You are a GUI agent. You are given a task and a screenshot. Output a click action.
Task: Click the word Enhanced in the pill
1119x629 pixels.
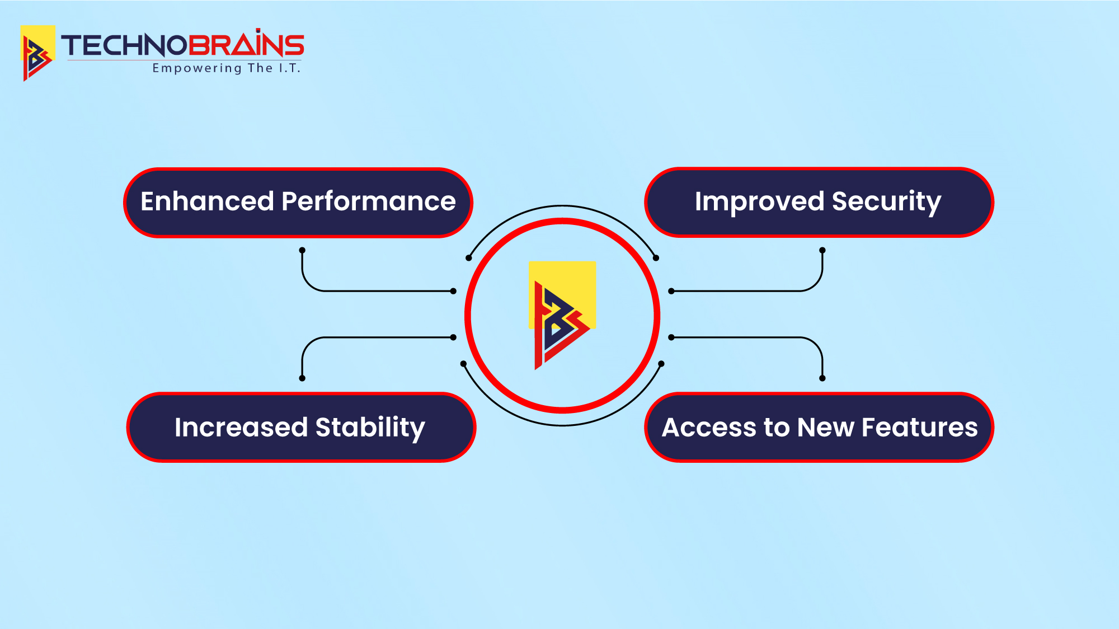[207, 201]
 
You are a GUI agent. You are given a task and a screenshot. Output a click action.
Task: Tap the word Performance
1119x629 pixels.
[369, 201]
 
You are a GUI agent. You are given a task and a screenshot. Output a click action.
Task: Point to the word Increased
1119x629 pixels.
[241, 427]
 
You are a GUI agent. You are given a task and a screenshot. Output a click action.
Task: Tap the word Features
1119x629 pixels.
[920, 428]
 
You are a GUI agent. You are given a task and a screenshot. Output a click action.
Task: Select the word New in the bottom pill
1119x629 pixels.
[825, 428]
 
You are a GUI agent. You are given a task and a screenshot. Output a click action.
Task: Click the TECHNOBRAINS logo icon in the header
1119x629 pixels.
[37, 53]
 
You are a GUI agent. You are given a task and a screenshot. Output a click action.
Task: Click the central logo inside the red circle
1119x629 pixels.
[562, 316]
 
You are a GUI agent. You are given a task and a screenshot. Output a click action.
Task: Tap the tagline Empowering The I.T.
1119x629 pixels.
[227, 68]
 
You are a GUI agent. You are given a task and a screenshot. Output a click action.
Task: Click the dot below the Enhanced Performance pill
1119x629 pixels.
[302, 250]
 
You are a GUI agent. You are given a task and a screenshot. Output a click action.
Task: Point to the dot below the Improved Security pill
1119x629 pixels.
[822, 250]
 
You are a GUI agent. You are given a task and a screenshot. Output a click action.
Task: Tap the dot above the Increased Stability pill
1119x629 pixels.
[302, 378]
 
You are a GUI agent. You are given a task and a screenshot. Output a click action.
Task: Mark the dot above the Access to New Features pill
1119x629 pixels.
[822, 378]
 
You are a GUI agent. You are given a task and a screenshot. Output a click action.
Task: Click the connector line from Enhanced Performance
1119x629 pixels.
[358, 291]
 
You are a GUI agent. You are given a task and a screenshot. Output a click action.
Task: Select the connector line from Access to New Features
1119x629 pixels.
[767, 337]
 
